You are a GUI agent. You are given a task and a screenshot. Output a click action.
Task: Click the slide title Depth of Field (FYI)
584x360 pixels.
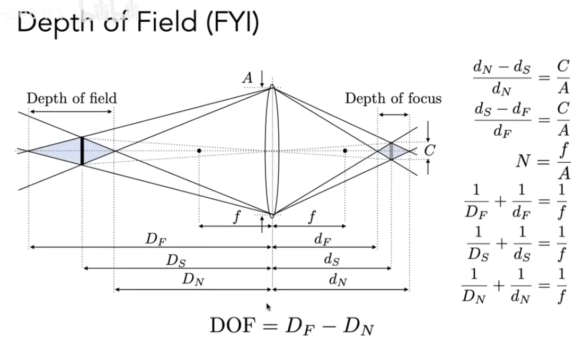[x=137, y=24]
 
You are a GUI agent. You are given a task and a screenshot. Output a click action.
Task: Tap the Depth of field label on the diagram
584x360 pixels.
[x=72, y=98]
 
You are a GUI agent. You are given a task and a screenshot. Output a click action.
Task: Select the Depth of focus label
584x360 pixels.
[x=393, y=99]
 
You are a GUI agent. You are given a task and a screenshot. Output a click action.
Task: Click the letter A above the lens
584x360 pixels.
[x=248, y=78]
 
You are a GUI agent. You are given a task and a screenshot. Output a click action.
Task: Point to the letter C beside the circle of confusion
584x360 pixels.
[x=429, y=151]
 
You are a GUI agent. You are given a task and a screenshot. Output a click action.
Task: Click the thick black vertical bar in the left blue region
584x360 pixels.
[x=82, y=151]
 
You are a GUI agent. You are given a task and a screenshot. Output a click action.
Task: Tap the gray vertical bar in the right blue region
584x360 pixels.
[x=391, y=151]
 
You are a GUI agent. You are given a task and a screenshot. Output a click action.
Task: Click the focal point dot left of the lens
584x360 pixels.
[x=199, y=151]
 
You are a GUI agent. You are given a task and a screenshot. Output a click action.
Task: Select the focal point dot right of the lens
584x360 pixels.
[x=345, y=151]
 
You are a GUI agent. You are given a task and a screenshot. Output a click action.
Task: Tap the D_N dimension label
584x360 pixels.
[x=193, y=281]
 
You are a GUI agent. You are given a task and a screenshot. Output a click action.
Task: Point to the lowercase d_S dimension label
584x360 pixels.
[x=331, y=260]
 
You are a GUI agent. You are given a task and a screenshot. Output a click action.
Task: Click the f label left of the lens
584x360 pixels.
[x=235, y=217]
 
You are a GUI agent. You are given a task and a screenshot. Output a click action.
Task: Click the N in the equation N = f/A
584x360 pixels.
[x=523, y=161]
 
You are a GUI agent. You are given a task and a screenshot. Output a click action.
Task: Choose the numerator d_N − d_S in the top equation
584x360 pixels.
[x=501, y=67]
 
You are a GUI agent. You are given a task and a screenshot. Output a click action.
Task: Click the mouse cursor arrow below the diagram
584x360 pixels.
[x=268, y=307]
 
